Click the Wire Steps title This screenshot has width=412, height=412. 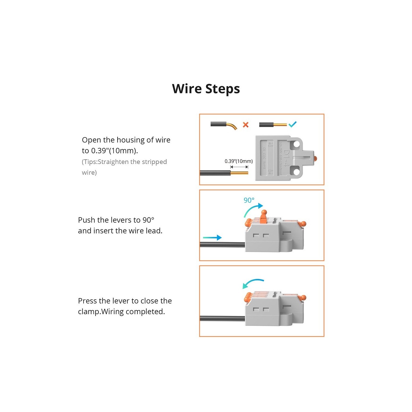coord(206,89)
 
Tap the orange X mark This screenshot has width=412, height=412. coord(245,125)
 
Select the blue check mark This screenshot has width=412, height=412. coord(292,124)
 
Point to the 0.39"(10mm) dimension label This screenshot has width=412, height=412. coord(239,161)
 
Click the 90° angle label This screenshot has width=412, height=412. coord(249,200)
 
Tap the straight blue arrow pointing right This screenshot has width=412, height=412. coord(212,237)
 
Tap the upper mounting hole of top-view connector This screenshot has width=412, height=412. coord(296,144)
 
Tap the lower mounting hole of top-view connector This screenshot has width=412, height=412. coord(296,172)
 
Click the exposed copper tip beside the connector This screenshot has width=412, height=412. coord(239,173)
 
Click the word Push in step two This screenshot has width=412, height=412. coord(86,220)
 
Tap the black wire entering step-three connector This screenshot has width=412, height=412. coord(222,318)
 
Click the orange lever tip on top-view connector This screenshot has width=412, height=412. coord(315,158)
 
